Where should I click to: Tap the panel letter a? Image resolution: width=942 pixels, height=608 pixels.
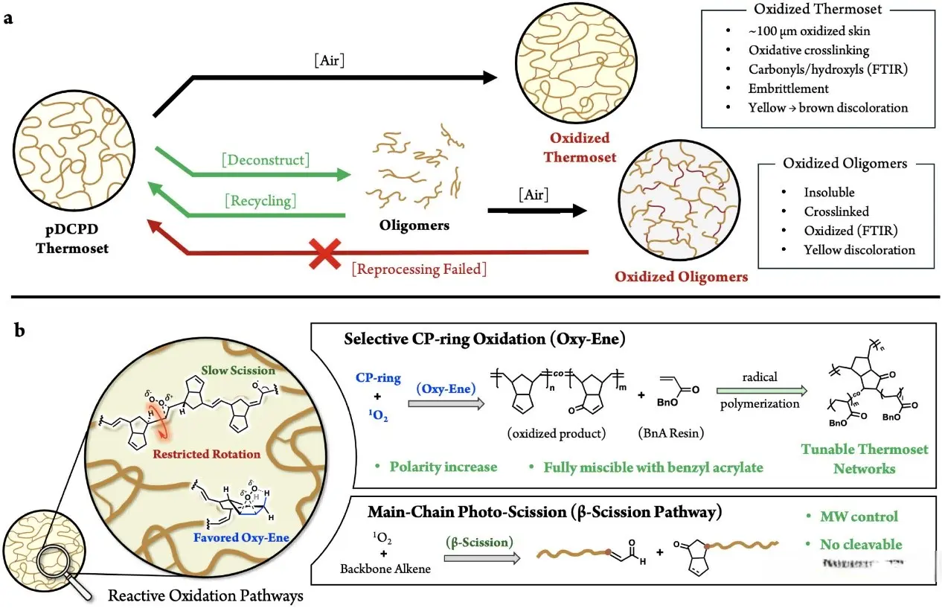click(9, 19)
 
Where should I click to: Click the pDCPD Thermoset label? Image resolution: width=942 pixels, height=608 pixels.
click(72, 240)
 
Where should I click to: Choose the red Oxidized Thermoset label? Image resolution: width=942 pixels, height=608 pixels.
click(580, 147)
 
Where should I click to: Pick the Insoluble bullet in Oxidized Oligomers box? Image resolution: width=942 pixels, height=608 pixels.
click(829, 192)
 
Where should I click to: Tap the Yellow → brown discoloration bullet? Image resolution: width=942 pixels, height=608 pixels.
click(828, 107)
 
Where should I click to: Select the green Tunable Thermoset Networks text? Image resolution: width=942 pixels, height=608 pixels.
click(865, 459)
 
